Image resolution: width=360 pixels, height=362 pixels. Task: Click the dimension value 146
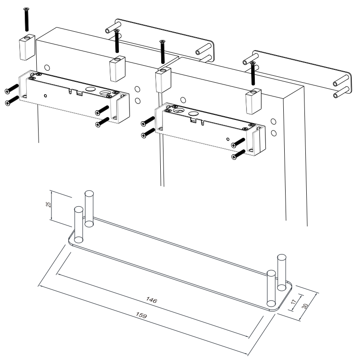152,300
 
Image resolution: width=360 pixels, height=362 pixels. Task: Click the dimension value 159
141,315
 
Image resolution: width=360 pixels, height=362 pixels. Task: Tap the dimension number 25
48,204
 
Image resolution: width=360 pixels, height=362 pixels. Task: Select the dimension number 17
293,302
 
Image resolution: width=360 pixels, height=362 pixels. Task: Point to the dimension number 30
305,306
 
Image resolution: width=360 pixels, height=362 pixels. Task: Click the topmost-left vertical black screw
27,19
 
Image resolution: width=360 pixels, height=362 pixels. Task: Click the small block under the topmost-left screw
27,47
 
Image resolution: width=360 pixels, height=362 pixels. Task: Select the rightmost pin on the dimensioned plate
281,272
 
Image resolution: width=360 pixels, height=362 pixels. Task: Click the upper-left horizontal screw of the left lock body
11,89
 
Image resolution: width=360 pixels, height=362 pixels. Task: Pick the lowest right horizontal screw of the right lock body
238,154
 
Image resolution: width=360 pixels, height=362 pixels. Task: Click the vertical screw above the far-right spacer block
253,73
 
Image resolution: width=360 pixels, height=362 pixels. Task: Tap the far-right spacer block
253,102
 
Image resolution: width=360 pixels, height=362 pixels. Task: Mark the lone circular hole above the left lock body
47,68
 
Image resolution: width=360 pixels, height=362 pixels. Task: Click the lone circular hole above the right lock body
183,100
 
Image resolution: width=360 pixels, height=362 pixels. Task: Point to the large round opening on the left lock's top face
90,89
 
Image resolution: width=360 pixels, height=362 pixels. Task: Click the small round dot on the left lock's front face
45,96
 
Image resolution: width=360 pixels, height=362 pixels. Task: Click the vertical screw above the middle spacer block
163,52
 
